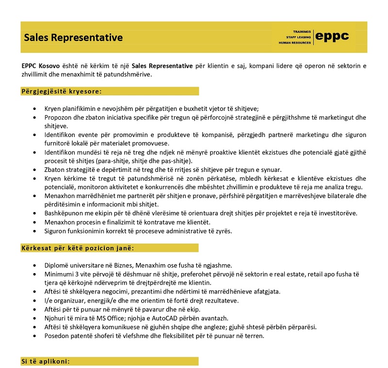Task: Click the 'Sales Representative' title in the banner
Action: pos(74,38)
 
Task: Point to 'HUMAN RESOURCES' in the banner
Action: pos(294,43)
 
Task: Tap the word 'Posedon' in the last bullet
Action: pos(56,336)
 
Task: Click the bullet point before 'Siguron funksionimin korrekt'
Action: pos(34,231)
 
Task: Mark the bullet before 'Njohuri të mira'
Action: pos(34,318)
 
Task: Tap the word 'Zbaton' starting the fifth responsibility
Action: pos(54,170)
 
